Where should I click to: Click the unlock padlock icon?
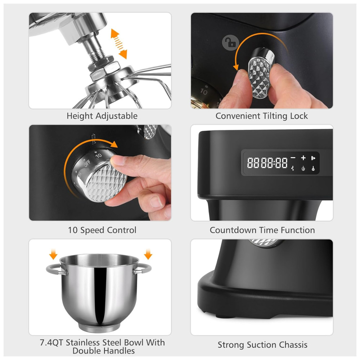point(230,42)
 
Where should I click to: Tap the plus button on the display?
point(303,158)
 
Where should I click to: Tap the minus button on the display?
point(293,158)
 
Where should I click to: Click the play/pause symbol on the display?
point(313,158)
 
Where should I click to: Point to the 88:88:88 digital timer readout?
point(267,163)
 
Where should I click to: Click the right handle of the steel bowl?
point(143,269)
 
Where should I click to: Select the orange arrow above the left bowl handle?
point(53,254)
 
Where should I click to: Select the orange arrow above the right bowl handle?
point(148,254)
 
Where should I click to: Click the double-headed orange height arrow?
point(119,44)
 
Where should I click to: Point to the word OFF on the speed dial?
point(87,164)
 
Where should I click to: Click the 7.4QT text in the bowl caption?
point(51,342)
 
